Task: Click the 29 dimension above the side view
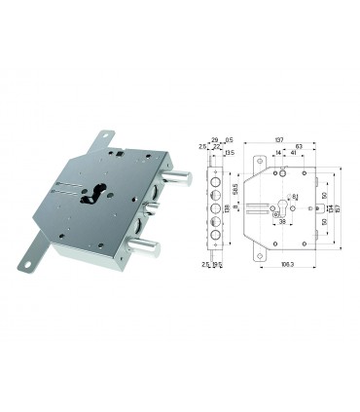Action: coord(212,139)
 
